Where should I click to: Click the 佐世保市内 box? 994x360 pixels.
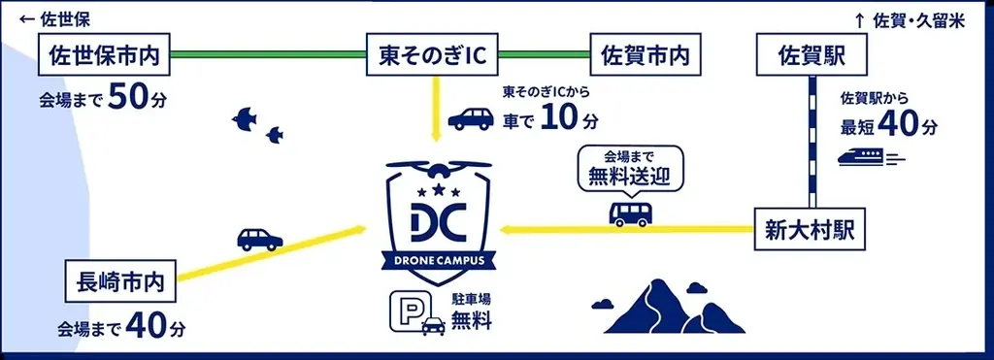[104, 55]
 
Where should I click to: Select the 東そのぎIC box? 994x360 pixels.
[431, 55]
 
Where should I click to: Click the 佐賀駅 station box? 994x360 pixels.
[811, 55]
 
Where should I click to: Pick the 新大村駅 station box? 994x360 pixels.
[811, 231]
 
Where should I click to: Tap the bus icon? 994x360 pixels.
[630, 213]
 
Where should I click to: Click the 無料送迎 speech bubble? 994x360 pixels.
[630, 169]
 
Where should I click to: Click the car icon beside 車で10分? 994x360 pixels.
[470, 119]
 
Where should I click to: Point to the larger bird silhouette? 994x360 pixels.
[246, 117]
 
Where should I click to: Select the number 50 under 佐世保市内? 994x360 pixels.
[129, 97]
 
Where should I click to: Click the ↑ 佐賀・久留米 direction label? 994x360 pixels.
[909, 19]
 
